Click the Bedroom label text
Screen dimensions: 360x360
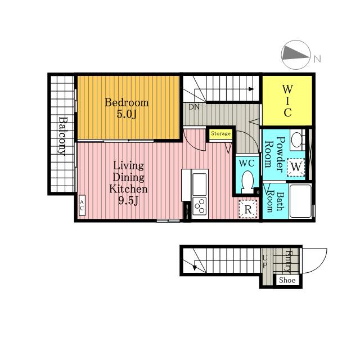pos(127,102)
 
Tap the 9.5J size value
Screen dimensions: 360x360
pos(128,201)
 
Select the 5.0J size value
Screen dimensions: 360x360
pos(127,114)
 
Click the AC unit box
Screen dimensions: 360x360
pos(82,205)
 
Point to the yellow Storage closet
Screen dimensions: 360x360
pos(220,134)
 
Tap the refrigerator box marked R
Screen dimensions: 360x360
pos(248,209)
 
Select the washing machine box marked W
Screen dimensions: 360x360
pos(296,167)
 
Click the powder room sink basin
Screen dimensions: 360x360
pos(296,139)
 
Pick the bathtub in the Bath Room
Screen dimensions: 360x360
pos(300,201)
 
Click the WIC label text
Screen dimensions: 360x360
pos(287,101)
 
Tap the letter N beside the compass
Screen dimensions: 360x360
pos(317,59)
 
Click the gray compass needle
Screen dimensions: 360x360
pos(295,55)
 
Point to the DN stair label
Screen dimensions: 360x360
pos(194,107)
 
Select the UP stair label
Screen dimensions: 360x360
pos(265,262)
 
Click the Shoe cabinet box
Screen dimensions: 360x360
pos(287,280)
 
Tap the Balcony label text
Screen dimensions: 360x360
pos(62,136)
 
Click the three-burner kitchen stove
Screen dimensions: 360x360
pos(200,206)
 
